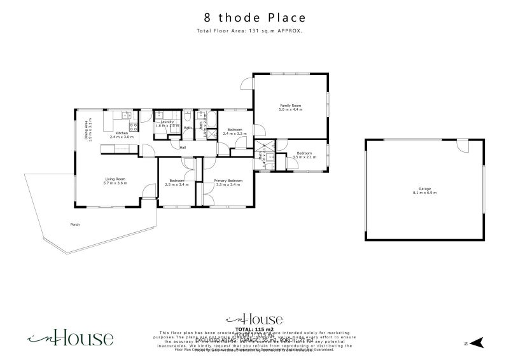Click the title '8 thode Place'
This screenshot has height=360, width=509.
click(254, 18)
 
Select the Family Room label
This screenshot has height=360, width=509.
click(291, 106)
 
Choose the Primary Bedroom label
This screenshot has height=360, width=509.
click(227, 182)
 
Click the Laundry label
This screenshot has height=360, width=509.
click(167, 122)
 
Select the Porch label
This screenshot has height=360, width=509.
click(75, 225)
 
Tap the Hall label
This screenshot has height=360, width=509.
click(183, 148)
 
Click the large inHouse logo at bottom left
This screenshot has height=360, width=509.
click(70, 338)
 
